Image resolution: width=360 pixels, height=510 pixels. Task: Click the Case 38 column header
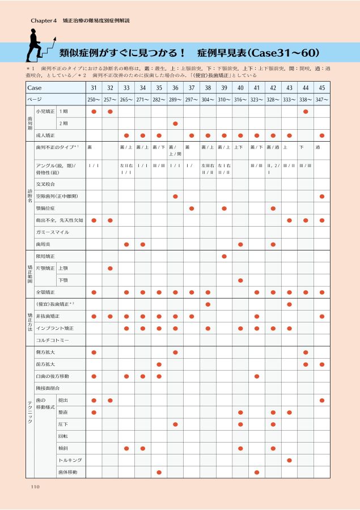(x=208, y=88)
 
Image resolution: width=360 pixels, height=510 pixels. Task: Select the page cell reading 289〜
(x=176, y=100)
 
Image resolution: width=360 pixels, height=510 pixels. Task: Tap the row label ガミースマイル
(x=52, y=232)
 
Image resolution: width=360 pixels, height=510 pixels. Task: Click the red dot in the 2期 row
(x=176, y=124)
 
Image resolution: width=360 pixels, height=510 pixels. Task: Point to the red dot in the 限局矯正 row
(x=225, y=256)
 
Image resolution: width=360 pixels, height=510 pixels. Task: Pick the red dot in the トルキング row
(x=290, y=460)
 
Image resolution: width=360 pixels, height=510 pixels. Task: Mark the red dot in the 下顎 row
(x=240, y=280)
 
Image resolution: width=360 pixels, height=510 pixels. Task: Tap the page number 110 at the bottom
(x=35, y=486)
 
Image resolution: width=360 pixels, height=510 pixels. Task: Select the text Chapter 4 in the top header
(x=44, y=21)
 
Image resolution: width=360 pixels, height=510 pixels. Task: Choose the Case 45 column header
(x=322, y=88)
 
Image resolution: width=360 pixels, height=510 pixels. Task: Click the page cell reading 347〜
(x=322, y=100)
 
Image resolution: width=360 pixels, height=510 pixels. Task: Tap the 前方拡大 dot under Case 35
(x=159, y=364)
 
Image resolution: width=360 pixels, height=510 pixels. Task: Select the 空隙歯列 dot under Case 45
(x=322, y=196)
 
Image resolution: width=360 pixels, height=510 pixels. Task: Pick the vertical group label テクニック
(x=30, y=413)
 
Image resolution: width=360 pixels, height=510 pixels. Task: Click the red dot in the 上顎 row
(x=110, y=268)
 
